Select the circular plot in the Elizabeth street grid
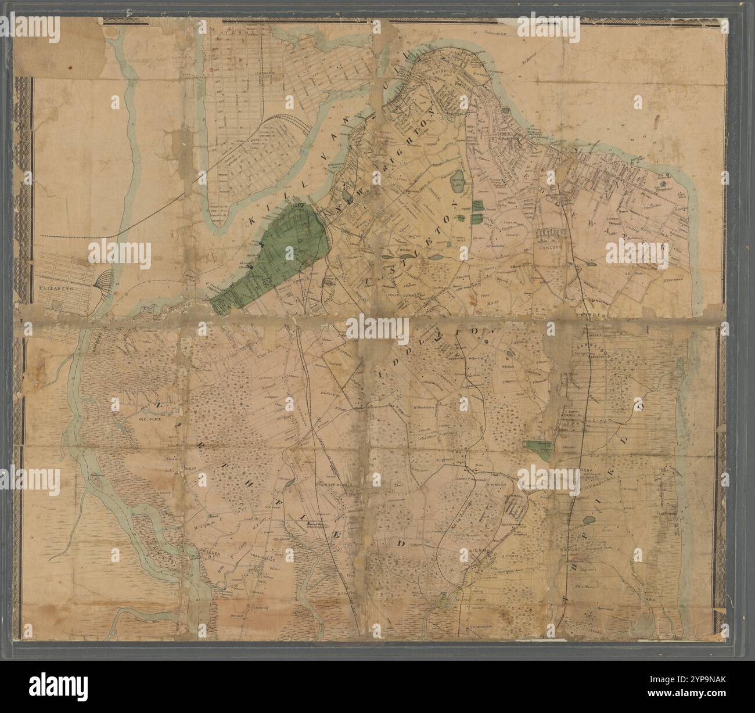point(57,304)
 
